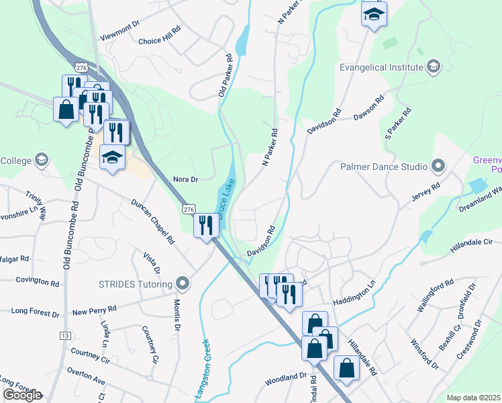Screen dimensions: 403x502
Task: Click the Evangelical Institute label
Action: pos(381,67)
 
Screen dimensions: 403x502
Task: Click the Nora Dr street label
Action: pos(186,179)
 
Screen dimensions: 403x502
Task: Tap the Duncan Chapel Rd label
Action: pos(153,221)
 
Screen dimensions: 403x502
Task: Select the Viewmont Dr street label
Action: pos(118,24)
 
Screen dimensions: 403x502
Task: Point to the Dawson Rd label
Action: pos(370,107)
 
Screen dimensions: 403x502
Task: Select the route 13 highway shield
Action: pos(65,335)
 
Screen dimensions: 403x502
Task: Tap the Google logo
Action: pos(21,395)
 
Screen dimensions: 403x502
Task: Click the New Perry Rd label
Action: pos(95,312)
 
